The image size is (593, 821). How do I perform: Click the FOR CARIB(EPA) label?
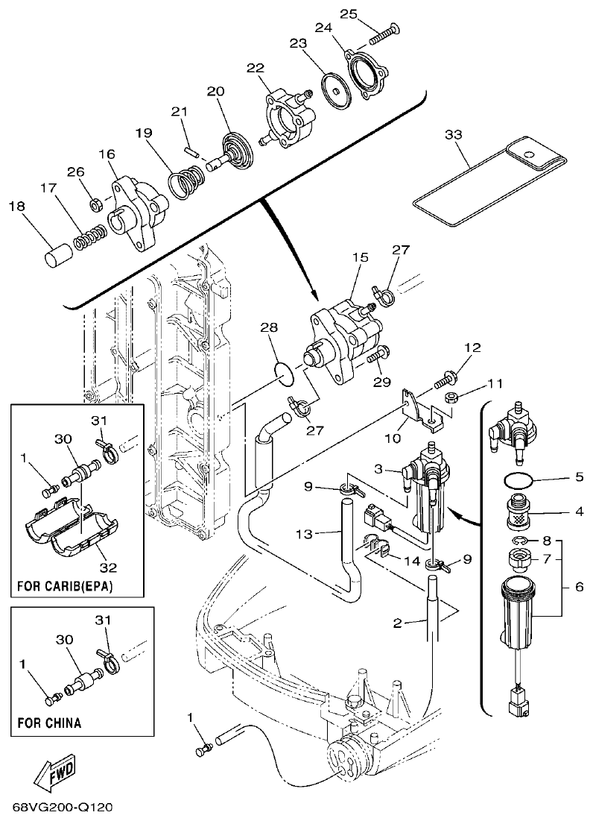(x=65, y=586)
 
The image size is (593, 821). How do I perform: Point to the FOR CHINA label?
(x=49, y=723)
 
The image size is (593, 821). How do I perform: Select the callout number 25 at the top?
(x=370, y=13)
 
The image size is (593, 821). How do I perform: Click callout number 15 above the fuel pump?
(x=361, y=257)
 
